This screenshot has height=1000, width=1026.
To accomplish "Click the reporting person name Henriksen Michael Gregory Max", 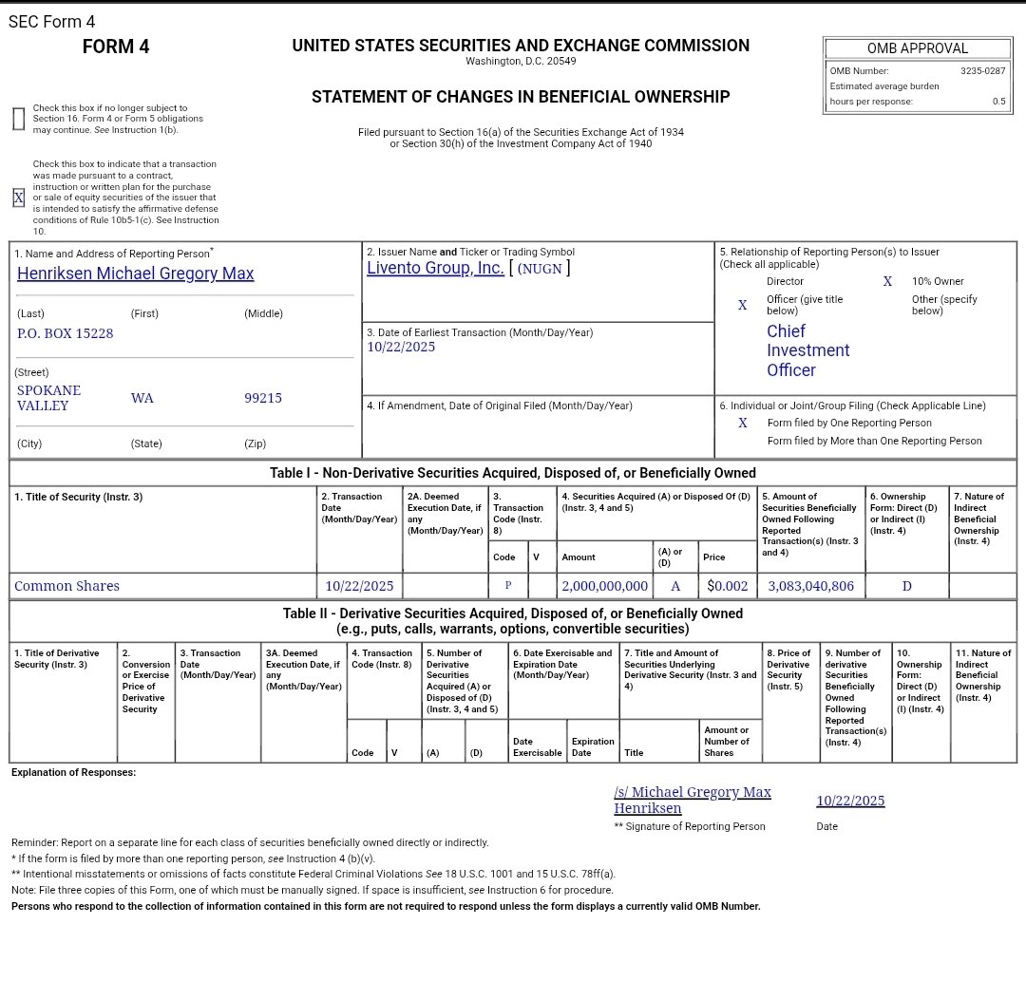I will [136, 274].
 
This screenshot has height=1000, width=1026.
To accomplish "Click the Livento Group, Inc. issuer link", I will [435, 268].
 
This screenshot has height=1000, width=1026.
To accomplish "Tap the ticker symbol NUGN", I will [541, 269].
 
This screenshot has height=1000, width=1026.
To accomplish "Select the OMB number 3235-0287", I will [982, 71].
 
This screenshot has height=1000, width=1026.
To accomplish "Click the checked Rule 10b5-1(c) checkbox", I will [18, 198].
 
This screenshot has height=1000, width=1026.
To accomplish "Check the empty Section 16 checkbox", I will [18, 119].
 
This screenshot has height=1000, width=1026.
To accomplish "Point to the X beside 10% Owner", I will [887, 281].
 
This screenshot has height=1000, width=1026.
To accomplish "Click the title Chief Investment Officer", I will [807, 350].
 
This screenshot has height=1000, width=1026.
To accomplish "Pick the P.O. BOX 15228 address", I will [66, 333].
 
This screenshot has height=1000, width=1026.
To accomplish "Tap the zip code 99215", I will [263, 398].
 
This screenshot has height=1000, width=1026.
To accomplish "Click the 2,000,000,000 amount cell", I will [604, 586].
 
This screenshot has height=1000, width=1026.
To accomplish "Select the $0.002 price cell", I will [728, 586].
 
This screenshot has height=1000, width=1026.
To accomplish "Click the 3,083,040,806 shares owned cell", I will [810, 586].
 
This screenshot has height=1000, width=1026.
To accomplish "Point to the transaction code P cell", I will [508, 586].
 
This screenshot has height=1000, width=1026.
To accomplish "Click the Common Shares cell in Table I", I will [67, 586].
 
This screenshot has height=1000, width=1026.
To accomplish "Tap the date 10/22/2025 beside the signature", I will [850, 801].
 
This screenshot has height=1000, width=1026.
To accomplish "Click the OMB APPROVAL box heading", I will [917, 48].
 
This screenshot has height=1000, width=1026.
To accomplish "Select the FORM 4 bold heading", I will [116, 47].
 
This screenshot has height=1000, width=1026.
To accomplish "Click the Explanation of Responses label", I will [73, 773].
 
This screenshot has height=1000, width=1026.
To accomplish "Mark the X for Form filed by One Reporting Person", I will [743, 423].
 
